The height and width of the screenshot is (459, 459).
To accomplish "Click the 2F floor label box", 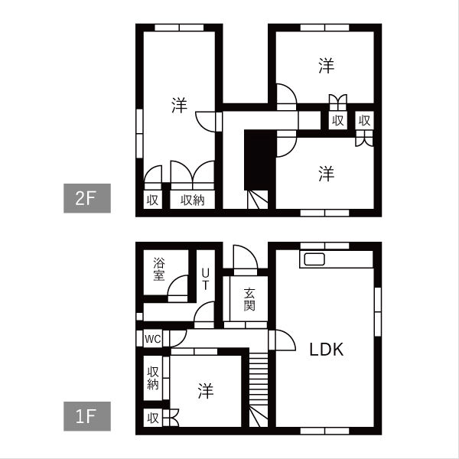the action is [x=87, y=198].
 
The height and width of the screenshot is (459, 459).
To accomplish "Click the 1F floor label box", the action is [x=87, y=416].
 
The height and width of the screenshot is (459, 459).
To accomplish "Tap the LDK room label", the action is [x=327, y=350].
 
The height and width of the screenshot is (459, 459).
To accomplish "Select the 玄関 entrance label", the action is [x=249, y=299].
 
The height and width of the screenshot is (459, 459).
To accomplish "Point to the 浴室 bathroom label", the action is [x=159, y=269].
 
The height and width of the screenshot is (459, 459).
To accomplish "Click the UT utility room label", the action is [x=206, y=279].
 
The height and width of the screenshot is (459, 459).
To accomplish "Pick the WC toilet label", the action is [x=152, y=339].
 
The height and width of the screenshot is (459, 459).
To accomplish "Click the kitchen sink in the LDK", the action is [x=314, y=259].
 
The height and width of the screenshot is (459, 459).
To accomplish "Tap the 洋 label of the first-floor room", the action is [x=206, y=391].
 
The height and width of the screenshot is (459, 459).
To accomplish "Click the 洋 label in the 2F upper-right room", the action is [x=327, y=66].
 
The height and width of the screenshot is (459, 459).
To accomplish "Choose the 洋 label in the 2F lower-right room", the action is [x=327, y=174].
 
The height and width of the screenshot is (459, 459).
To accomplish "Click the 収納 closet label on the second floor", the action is [x=192, y=200].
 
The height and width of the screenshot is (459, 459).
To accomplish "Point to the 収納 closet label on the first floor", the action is [x=153, y=378].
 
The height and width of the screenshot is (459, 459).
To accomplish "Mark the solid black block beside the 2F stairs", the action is [x=260, y=160].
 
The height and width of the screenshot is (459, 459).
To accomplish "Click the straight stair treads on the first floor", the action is [x=259, y=379].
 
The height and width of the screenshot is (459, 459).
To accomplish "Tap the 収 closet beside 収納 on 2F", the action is [x=152, y=200].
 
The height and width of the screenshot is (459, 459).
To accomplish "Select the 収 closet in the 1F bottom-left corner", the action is [x=153, y=418].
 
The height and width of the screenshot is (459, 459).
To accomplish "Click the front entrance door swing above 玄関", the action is [x=246, y=257].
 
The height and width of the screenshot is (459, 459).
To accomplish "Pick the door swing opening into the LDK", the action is [x=285, y=340].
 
